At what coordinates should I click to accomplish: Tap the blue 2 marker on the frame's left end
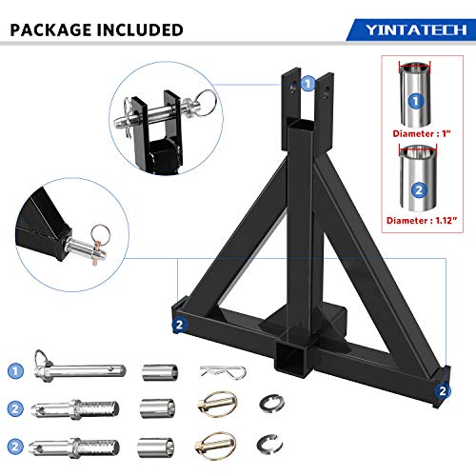[179, 324]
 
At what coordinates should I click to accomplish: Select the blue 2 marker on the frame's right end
[443, 389]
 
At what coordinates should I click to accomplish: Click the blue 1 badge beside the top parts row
[16, 369]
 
